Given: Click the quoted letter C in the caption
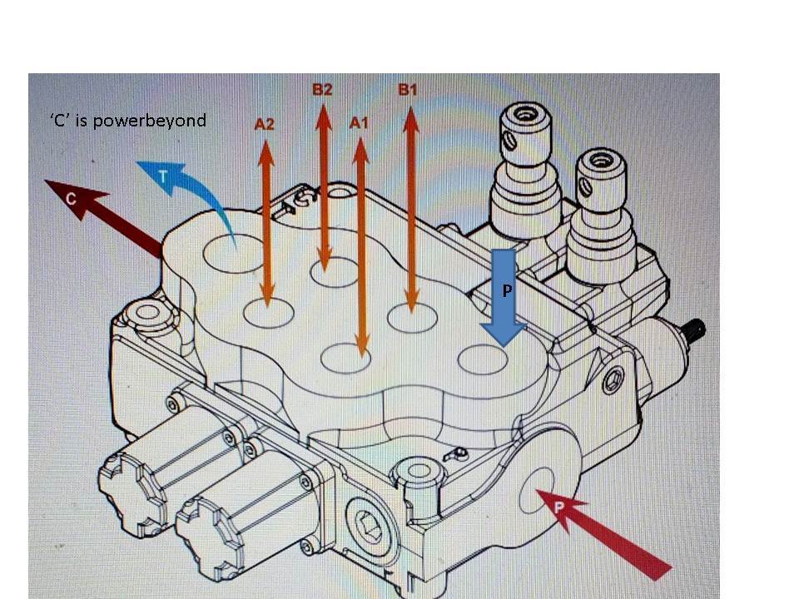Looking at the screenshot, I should click(x=60, y=121).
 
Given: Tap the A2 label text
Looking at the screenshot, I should click(x=264, y=125).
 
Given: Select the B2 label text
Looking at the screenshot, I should click(x=322, y=90).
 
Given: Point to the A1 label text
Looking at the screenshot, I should click(x=359, y=123).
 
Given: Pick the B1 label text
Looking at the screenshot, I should click(x=407, y=90).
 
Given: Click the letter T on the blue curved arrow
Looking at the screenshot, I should click(x=164, y=172).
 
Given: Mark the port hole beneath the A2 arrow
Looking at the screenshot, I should click(x=268, y=314).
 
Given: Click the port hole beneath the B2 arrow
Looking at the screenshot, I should click(x=334, y=273).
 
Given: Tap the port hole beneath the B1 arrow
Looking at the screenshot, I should click(x=413, y=319).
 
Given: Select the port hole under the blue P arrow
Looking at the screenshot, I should click(x=484, y=359).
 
